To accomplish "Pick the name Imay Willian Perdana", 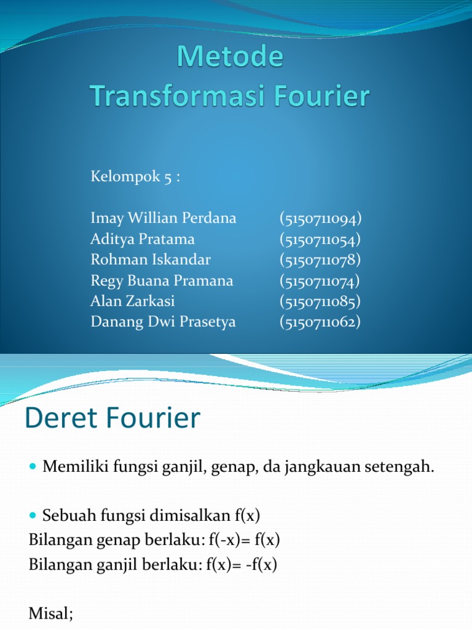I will click(163, 218).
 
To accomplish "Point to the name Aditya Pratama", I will click(143, 239).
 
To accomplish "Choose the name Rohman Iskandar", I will click(151, 260).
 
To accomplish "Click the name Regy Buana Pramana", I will click(162, 281).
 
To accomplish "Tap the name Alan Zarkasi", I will click(133, 301).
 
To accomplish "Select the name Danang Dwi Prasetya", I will click(163, 322).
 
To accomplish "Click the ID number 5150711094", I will click(320, 218).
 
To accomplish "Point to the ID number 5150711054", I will click(320, 239).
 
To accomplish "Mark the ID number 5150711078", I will click(320, 260).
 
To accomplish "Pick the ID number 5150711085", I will click(320, 301).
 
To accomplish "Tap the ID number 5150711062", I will click(320, 322).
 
